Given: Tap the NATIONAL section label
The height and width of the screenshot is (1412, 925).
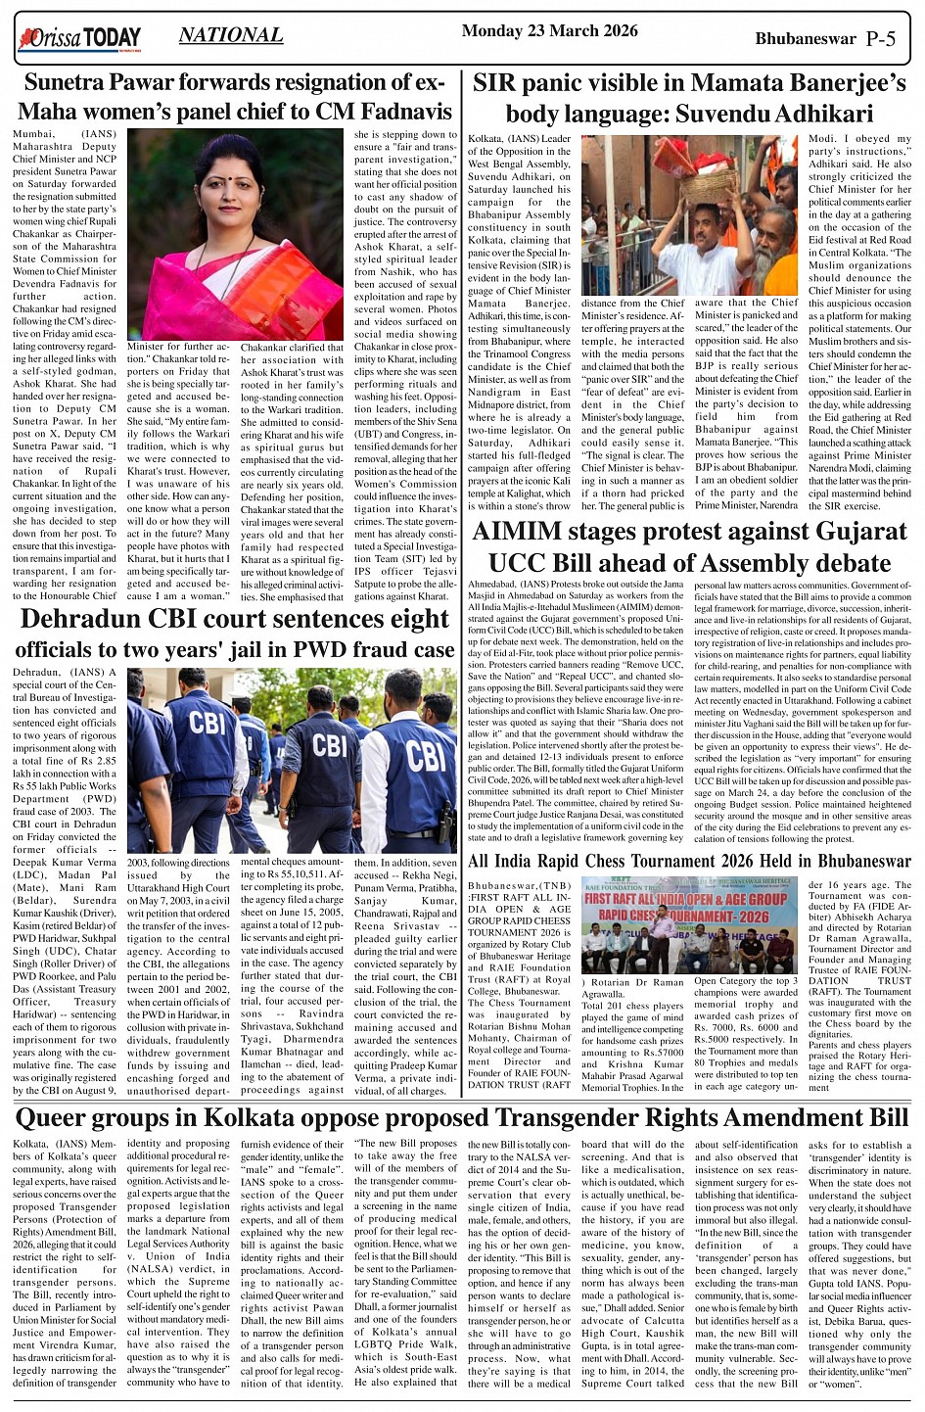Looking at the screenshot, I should pos(231,36).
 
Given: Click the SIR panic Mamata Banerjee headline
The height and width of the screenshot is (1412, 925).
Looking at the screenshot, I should pos(688,98).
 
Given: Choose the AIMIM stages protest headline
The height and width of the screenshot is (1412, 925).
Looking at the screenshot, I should pos(690,547).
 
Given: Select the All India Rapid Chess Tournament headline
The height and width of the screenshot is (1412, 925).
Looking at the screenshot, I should pos(689,862).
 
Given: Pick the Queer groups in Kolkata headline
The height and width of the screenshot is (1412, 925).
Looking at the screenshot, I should pos(462,1117).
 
